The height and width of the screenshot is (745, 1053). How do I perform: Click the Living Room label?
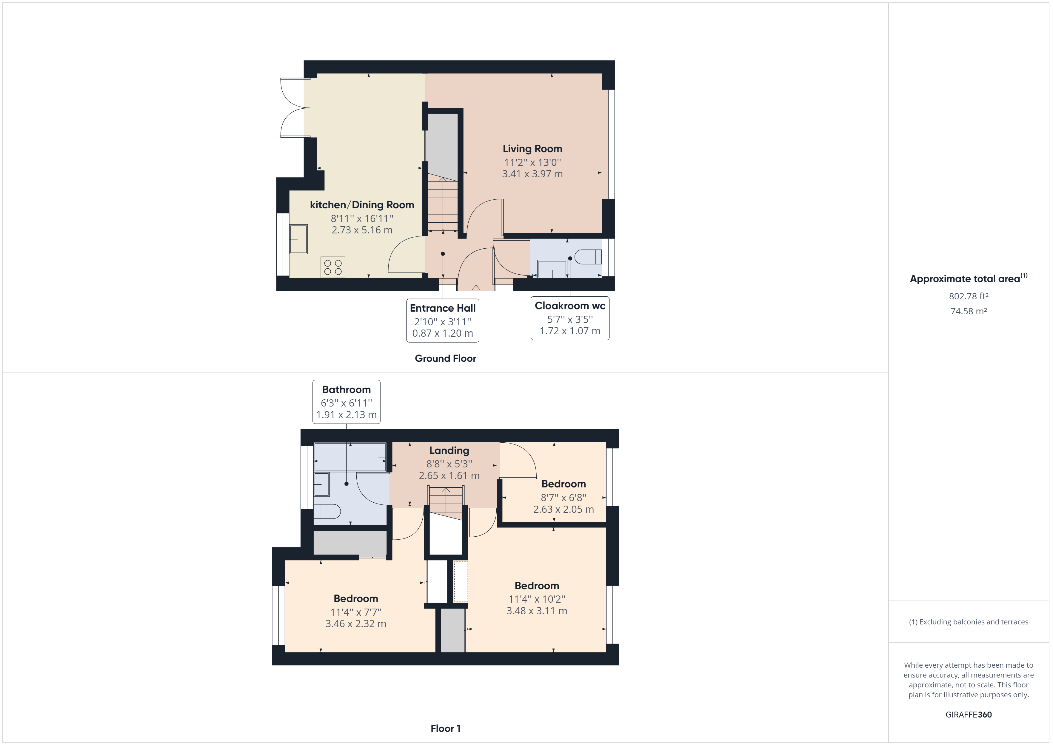(532, 149)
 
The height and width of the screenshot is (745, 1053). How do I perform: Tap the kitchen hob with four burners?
(332, 267)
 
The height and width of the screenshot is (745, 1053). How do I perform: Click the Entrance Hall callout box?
(443, 320)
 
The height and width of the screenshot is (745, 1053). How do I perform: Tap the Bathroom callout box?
(346, 402)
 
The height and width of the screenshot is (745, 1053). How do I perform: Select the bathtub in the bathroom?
(350, 457)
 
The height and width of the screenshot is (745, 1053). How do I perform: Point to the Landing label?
(449, 450)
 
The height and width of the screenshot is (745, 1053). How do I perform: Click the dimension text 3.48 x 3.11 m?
(537, 611)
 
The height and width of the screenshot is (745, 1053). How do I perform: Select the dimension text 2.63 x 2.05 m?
(563, 509)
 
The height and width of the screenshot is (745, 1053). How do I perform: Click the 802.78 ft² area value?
(969, 296)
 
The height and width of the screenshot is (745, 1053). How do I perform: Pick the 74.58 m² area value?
(969, 311)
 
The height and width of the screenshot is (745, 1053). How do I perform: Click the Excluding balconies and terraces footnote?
(969, 622)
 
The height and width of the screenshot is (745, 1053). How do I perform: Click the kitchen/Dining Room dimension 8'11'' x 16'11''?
(362, 218)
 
